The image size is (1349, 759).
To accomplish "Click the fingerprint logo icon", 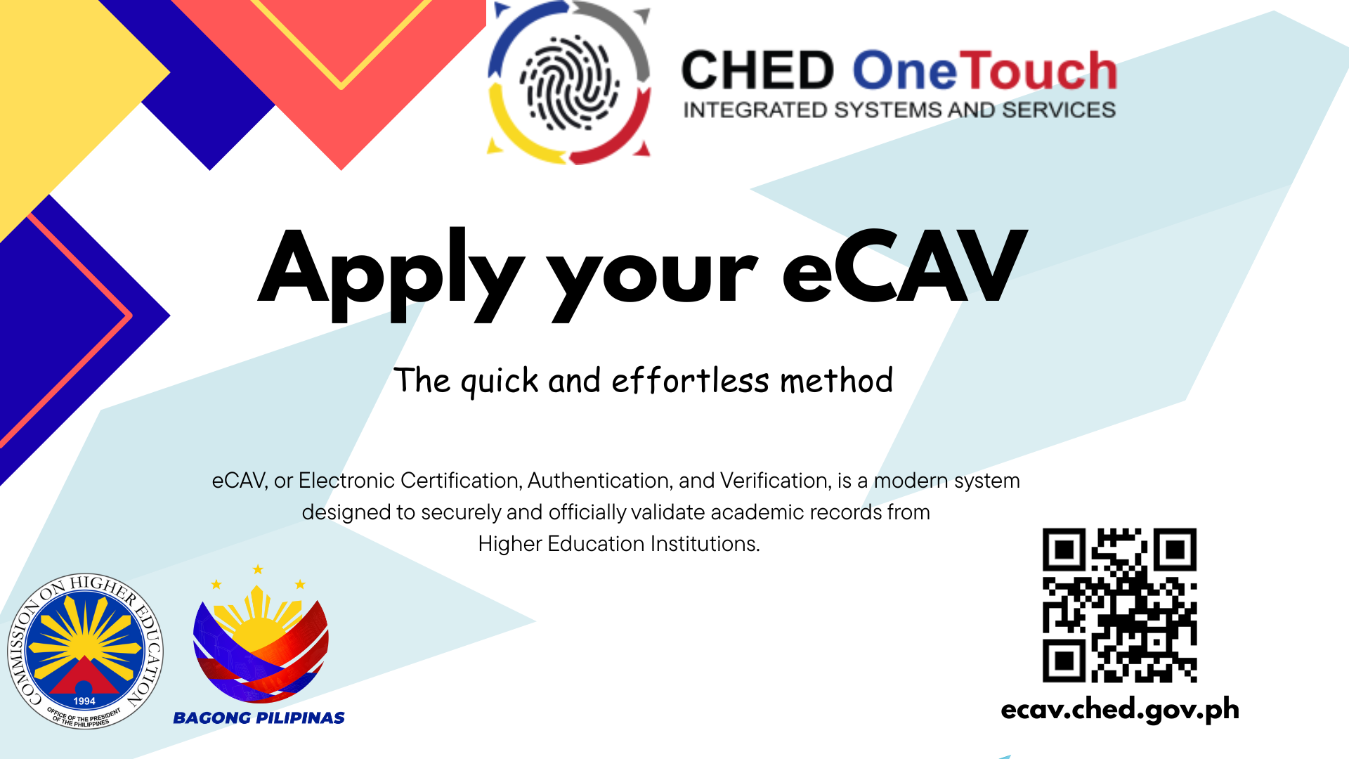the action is coord(569,83).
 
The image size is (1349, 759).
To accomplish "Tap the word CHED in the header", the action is coord(757,71).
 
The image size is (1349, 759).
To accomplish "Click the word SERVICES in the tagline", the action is coord(1059,110).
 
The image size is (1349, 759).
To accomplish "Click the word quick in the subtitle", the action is coord(500,382).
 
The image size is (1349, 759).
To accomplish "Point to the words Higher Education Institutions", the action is coord(619,544).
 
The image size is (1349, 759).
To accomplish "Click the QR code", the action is coord(1119,605).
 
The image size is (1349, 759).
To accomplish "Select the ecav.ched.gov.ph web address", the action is coord(1120,710).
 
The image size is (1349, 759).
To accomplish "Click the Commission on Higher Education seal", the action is coord(86,651).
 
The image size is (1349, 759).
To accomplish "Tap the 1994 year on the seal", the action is coord(84,701).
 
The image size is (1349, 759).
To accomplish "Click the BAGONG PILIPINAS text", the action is coord(259,718).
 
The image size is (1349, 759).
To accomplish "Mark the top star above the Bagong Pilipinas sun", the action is coord(258,569).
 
